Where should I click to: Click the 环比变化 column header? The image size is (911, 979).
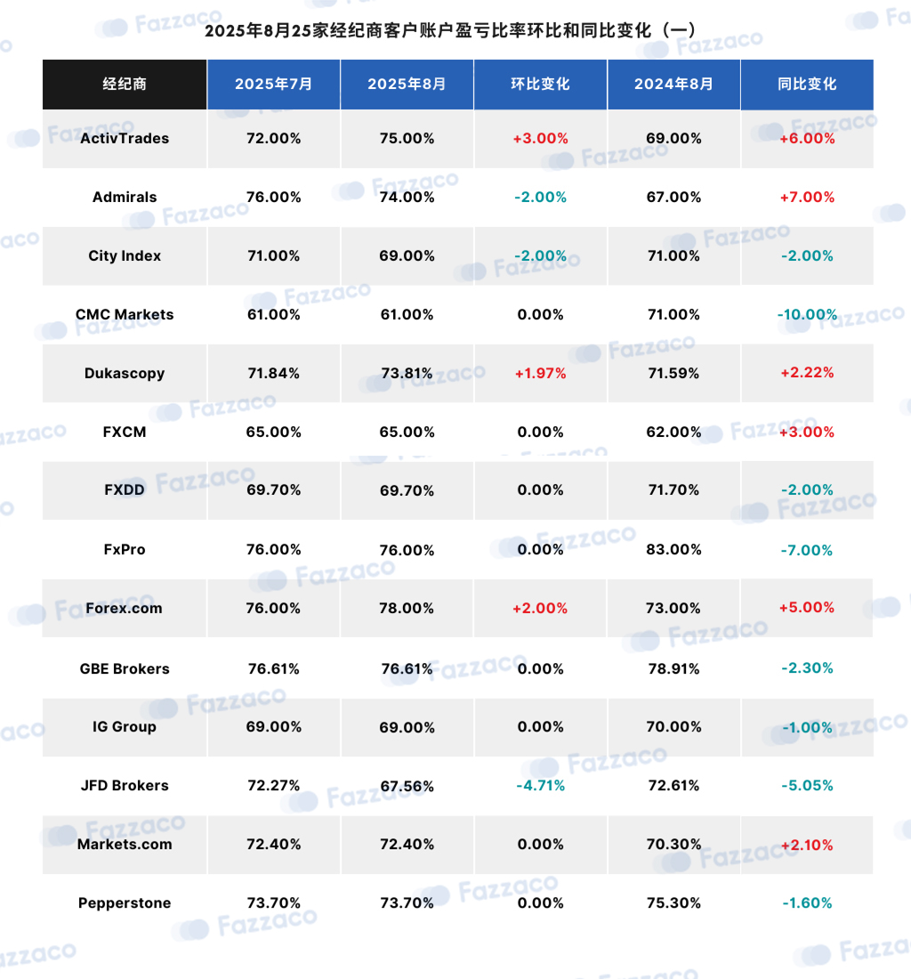click(540, 85)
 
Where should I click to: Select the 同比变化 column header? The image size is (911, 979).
click(807, 85)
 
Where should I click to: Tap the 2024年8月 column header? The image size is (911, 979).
click(673, 85)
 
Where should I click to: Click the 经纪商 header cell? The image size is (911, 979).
click(125, 85)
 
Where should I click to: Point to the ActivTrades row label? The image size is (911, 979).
click(125, 139)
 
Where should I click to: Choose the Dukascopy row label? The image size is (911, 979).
click(125, 374)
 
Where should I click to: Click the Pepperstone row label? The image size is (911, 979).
click(125, 902)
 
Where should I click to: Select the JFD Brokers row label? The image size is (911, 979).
click(125, 786)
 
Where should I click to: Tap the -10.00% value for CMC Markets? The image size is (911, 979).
click(807, 315)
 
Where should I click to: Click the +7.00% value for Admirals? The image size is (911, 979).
click(807, 198)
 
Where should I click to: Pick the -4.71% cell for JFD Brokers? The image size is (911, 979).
click(540, 786)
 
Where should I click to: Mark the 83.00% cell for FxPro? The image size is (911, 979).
click(673, 549)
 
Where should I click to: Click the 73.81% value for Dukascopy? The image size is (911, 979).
click(407, 374)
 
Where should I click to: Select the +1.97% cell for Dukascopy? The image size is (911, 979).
click(540, 374)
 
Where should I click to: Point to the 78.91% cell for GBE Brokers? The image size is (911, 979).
click(673, 668)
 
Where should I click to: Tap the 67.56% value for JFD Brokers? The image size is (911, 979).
click(407, 786)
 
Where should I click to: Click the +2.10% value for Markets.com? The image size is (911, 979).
click(807, 845)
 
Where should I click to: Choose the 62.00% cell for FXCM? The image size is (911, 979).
click(673, 432)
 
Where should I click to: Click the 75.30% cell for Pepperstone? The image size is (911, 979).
click(673, 902)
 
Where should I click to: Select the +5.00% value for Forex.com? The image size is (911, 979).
click(807, 608)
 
